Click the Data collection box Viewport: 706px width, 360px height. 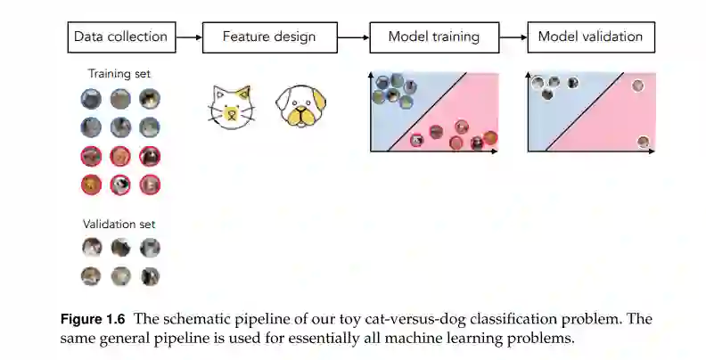(121, 37)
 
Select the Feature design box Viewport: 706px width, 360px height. (268, 37)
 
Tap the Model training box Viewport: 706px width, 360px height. (434, 37)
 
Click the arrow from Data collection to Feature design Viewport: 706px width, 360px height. (188, 37)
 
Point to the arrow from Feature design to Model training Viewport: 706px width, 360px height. (354, 37)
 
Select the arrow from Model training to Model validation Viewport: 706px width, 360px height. (513, 37)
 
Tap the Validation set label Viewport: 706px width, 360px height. (119, 225)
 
